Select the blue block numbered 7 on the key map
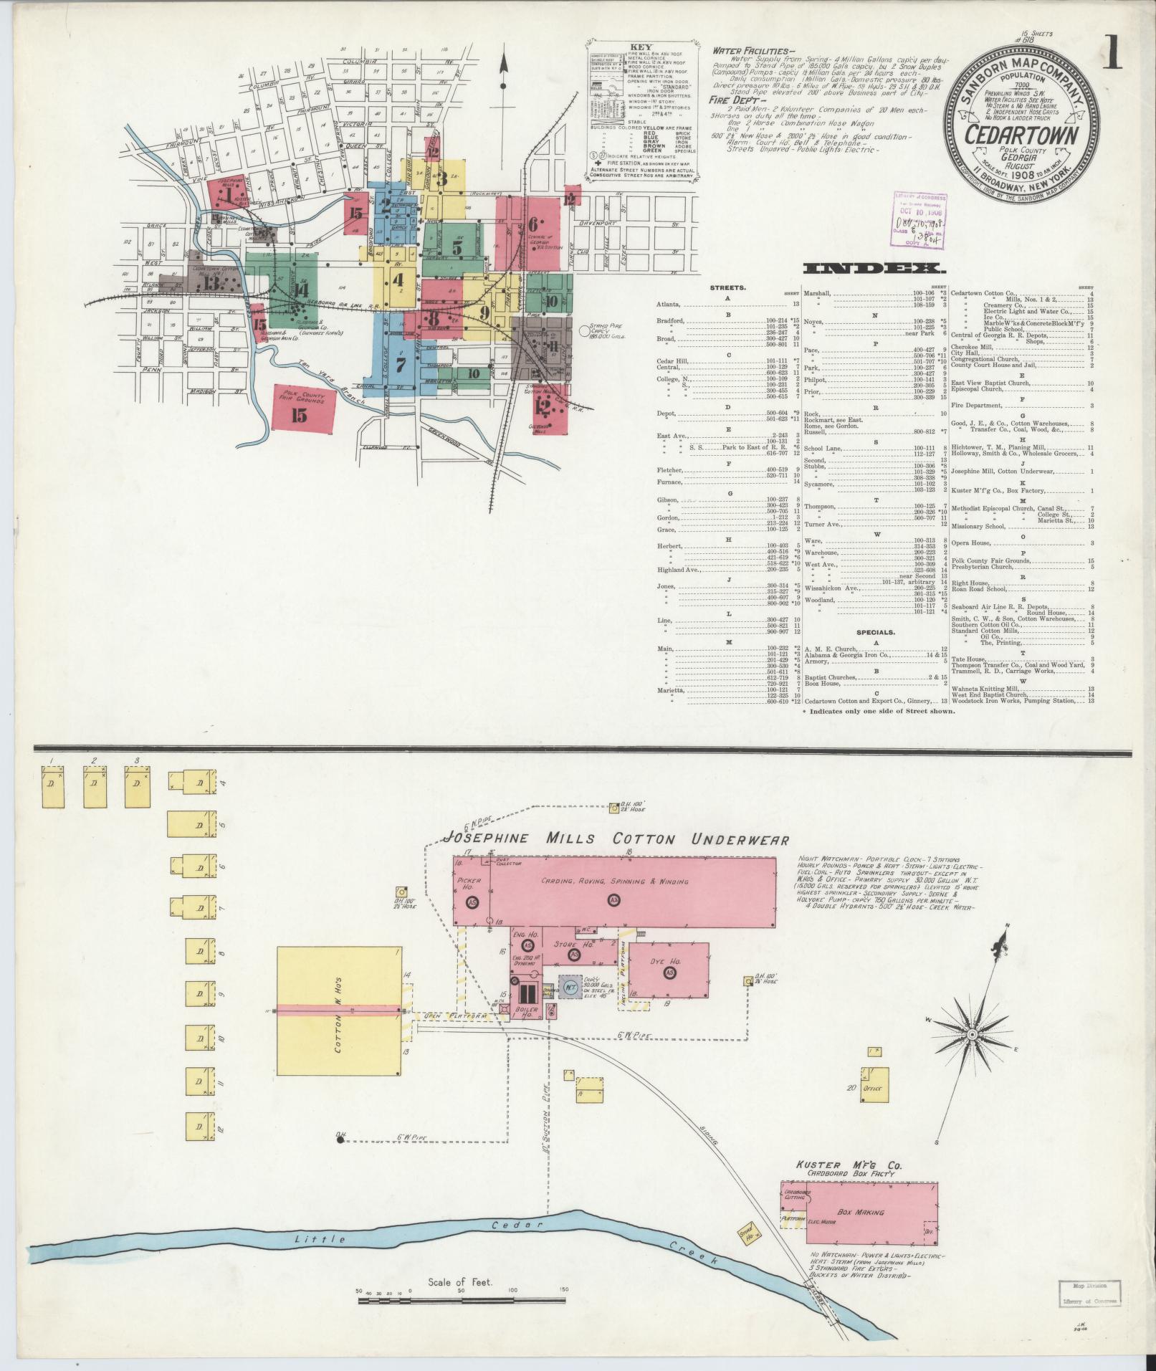point(400,365)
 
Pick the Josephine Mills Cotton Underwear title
point(616,839)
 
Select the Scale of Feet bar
point(462,1298)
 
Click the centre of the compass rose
point(971,1034)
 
